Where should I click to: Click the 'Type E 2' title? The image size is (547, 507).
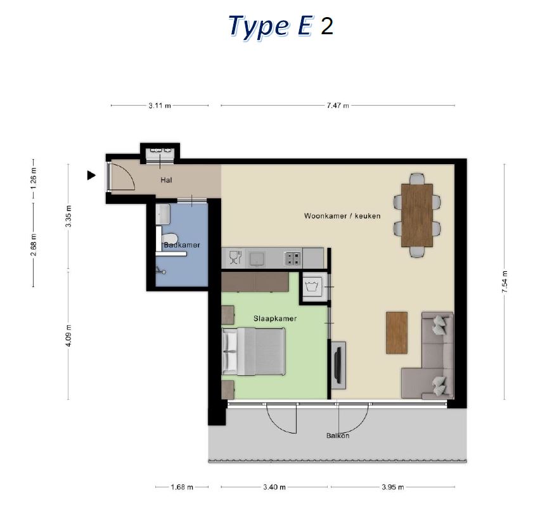click(x=281, y=27)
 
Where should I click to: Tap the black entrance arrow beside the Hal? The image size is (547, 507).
click(x=91, y=176)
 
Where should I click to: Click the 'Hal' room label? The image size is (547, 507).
click(x=167, y=180)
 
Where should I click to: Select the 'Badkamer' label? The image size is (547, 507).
click(x=182, y=245)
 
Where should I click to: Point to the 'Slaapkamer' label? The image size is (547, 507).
click(x=275, y=318)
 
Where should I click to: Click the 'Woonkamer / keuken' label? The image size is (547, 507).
click(x=342, y=216)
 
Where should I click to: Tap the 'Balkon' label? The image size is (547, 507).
click(x=338, y=435)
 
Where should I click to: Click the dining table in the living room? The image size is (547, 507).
click(x=417, y=215)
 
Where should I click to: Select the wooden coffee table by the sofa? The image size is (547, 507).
click(x=397, y=333)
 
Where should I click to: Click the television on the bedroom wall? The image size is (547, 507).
click(x=337, y=365)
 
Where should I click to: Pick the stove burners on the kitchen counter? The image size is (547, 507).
click(x=293, y=259)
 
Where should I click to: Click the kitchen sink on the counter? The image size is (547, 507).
click(x=258, y=259)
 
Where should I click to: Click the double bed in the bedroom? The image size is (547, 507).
click(x=254, y=352)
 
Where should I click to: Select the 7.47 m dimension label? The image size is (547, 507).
click(x=338, y=106)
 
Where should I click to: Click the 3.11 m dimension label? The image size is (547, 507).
click(x=160, y=106)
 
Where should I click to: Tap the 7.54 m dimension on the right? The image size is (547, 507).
click(x=505, y=282)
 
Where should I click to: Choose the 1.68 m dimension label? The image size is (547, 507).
click(x=182, y=487)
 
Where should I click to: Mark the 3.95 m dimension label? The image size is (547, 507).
click(x=393, y=487)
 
